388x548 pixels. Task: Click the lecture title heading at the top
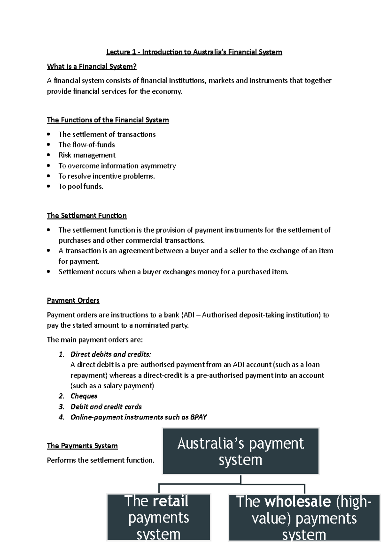coord(194,52)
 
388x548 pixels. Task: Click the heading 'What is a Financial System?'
coord(92,66)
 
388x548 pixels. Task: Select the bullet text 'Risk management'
coord(87,155)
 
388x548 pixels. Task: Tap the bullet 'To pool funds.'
coord(81,187)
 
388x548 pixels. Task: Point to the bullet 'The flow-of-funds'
coord(87,145)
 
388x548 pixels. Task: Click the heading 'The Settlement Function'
coord(87,216)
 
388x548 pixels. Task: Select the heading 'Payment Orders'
coord(73,300)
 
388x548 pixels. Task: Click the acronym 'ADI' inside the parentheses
coord(189,315)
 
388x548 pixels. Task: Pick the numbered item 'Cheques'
coord(84,396)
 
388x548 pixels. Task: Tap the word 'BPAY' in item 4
coord(198,417)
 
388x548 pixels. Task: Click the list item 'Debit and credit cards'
coord(106,407)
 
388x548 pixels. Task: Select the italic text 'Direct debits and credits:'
coord(111,354)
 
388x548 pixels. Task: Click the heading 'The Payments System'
coord(82,446)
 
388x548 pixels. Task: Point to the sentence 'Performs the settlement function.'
coord(101,460)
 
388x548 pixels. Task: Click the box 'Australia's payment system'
coord(241,451)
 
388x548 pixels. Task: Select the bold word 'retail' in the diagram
coord(170,501)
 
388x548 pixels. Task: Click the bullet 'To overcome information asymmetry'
coord(117,166)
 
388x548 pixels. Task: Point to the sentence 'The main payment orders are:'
coord(95,340)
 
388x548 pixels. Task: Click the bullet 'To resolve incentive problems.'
coord(107,176)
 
